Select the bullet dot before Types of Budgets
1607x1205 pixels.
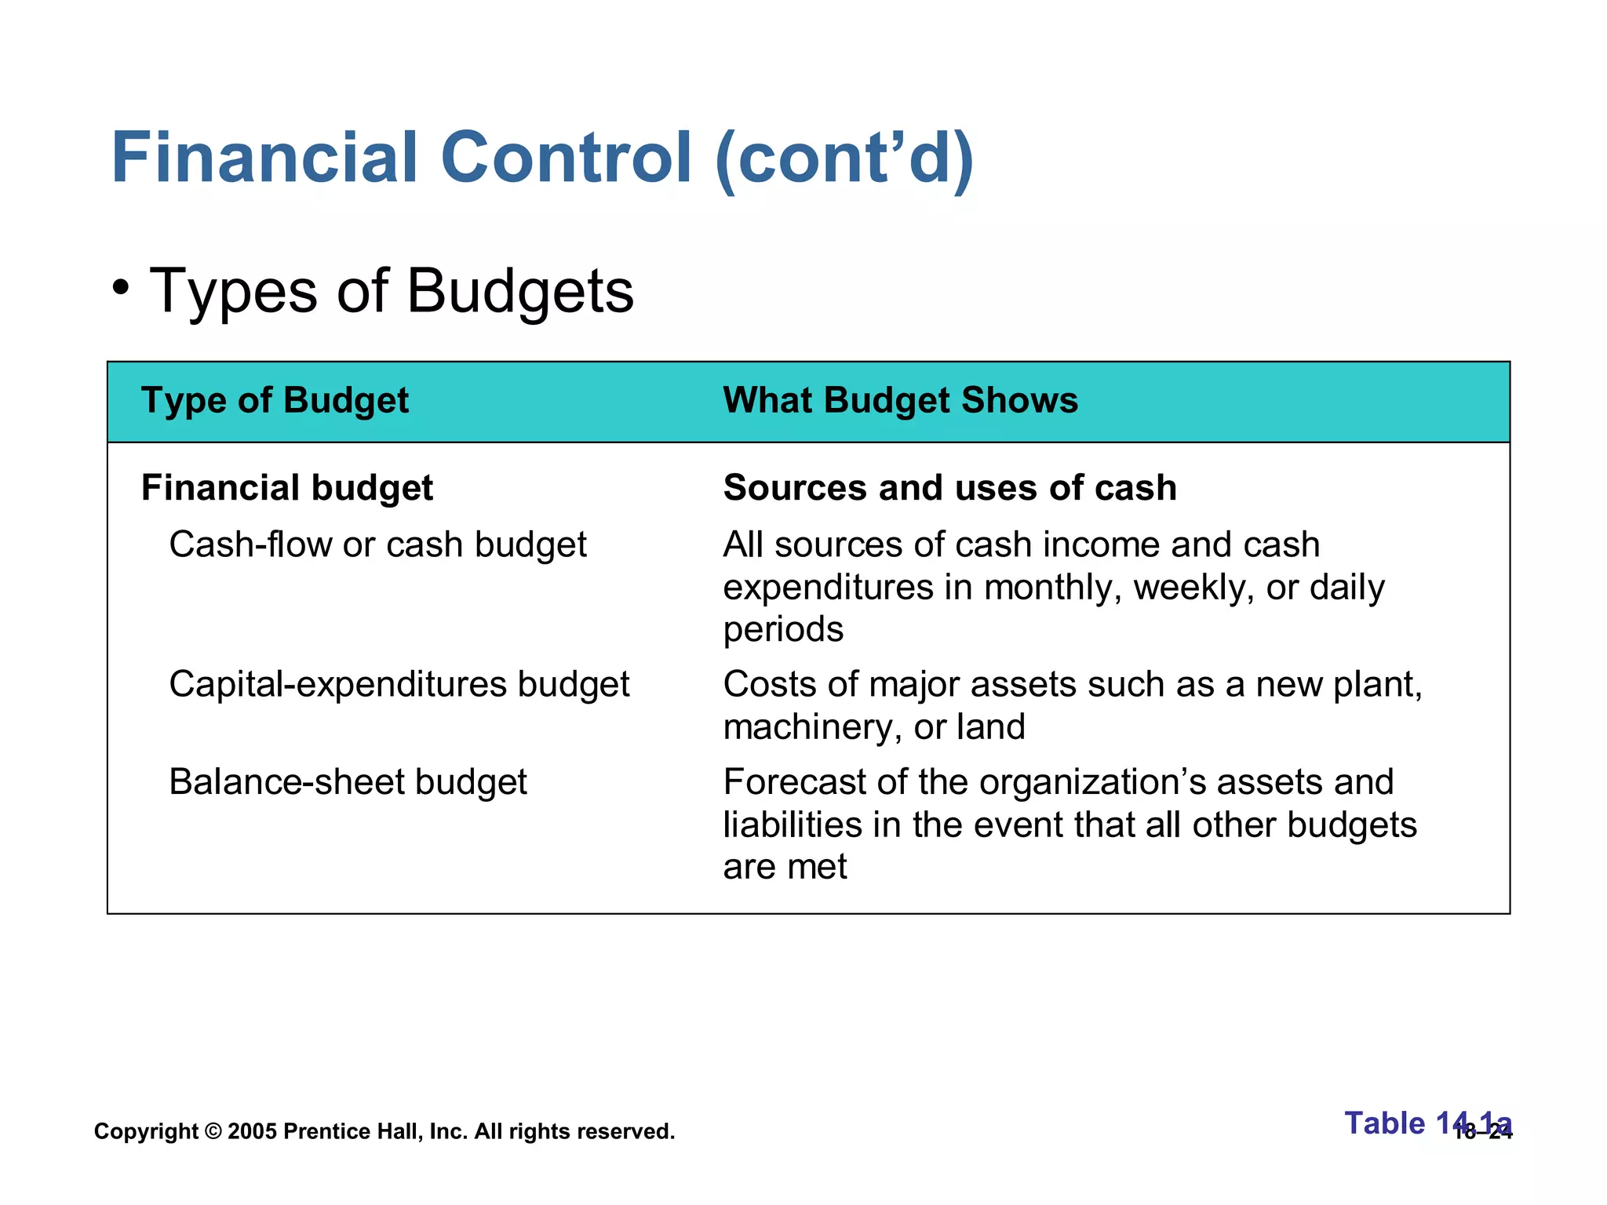[x=120, y=288]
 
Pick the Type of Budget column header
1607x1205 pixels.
[x=275, y=401]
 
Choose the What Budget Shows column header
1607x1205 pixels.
[x=900, y=401]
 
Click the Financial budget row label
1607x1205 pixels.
[x=286, y=488]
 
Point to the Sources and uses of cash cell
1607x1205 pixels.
[x=949, y=488]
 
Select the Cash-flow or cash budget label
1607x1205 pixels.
[x=377, y=545]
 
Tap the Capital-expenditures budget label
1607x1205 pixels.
[x=399, y=685]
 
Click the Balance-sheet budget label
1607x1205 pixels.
[x=348, y=783]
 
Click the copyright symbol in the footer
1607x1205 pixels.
[x=213, y=1131]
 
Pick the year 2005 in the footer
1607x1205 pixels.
[x=252, y=1131]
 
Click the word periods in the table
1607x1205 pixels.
[x=783, y=630]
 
